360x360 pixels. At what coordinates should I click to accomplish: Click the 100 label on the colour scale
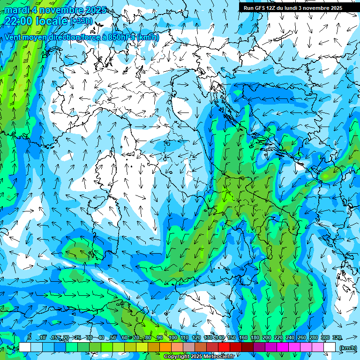[x=173, y=338]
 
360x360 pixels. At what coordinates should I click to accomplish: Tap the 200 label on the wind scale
[x=267, y=338]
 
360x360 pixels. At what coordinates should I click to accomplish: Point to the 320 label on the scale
[x=337, y=338]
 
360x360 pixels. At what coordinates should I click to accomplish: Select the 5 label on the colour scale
[x=30, y=338]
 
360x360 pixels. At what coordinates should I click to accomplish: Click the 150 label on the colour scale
[x=232, y=338]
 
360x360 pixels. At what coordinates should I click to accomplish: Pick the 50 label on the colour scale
[x=113, y=338]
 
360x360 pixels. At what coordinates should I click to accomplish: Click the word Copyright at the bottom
[x=177, y=357]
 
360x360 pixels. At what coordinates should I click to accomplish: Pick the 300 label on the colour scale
[x=325, y=338]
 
